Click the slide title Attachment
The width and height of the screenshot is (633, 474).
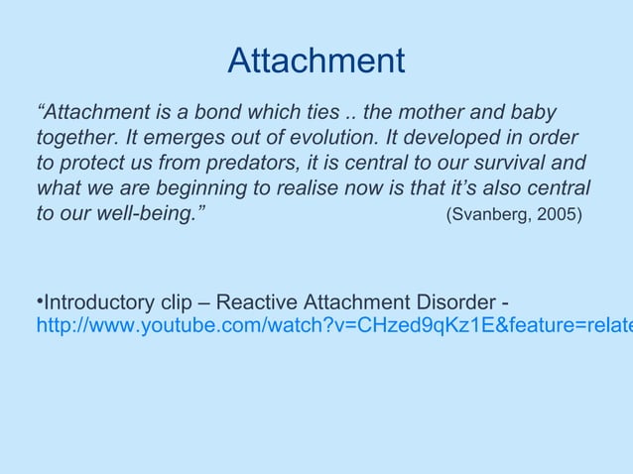pyautogui.click(x=316, y=61)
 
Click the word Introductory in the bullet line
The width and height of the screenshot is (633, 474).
pyautogui.click(x=99, y=301)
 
